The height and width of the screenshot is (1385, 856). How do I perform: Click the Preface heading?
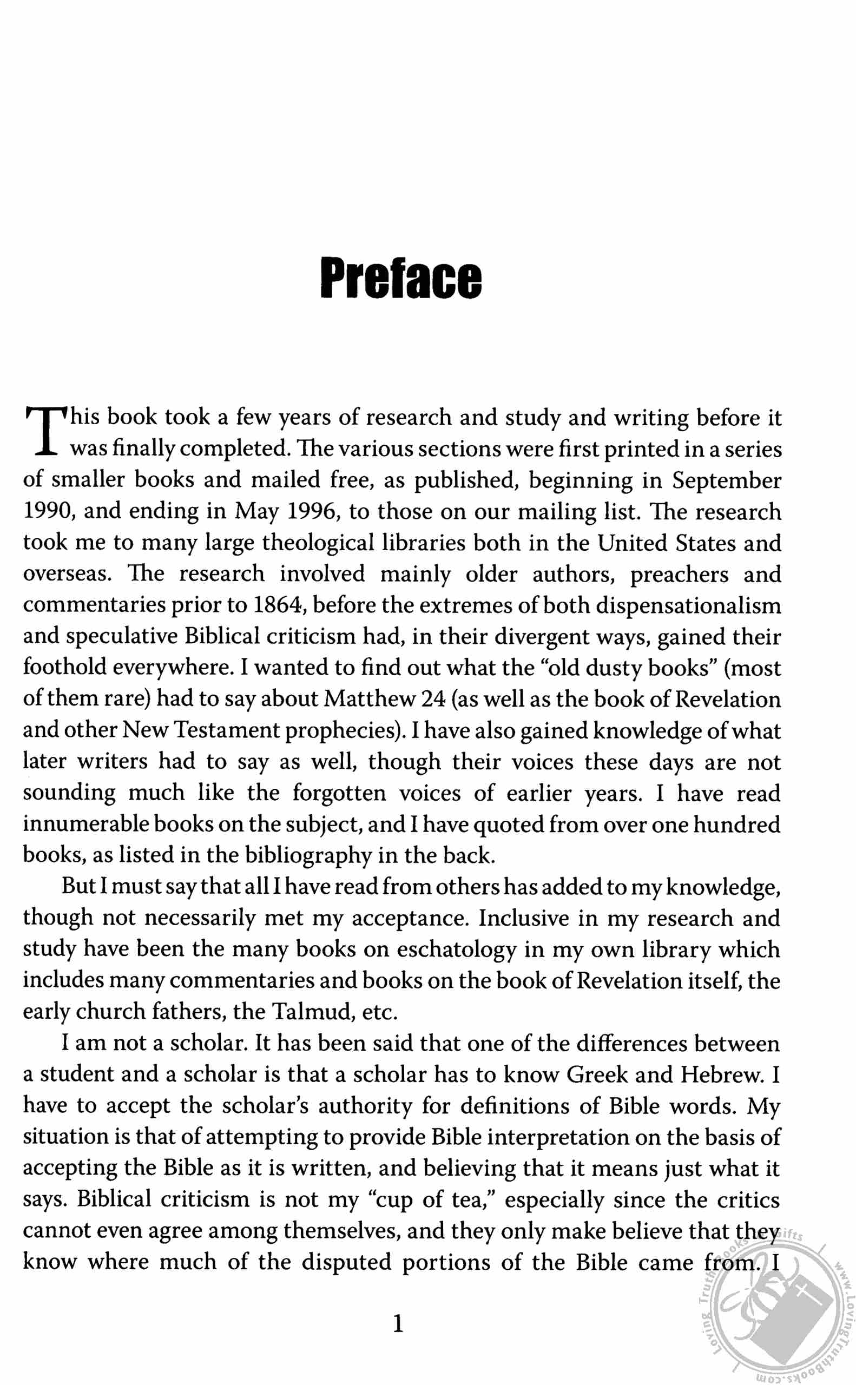click(x=401, y=278)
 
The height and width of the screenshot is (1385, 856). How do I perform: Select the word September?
click(x=726, y=480)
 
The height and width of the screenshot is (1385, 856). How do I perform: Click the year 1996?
click(x=311, y=511)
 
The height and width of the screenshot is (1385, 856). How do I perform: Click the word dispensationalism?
click(x=688, y=605)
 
